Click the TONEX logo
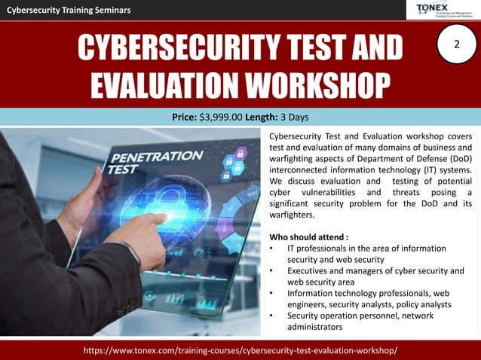tap(446, 9)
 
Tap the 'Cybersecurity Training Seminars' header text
tap(69, 10)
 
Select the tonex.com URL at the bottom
tap(240, 351)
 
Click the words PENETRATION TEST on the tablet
tap(154, 163)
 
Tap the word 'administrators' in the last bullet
tap(314, 327)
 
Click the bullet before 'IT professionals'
tap(271, 249)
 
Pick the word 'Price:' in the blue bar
tap(185, 117)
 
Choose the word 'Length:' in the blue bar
tap(261, 117)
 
